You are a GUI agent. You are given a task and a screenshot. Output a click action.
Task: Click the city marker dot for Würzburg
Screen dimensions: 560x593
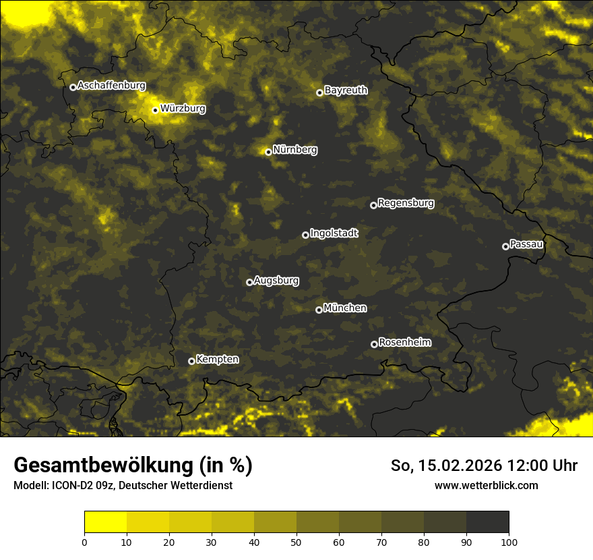coord(155,110)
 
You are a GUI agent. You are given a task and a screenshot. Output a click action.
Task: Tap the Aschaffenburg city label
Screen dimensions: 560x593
coord(111,86)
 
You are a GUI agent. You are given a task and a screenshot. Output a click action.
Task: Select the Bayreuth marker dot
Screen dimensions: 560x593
coord(319,92)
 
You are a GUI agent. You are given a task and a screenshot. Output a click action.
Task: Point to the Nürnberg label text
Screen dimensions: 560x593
coord(294,150)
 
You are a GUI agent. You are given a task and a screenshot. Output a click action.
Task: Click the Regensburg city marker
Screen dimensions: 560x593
coord(373,205)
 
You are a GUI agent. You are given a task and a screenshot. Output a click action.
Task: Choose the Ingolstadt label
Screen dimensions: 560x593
coord(334,233)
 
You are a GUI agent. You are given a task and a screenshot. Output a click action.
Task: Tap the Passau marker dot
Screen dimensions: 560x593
coord(505,246)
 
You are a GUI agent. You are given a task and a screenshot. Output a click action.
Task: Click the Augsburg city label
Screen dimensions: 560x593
coord(276,281)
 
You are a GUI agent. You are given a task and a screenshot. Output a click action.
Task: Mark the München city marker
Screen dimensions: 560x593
coord(319,310)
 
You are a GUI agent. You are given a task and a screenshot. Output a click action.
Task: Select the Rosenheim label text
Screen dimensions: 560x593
coord(404,343)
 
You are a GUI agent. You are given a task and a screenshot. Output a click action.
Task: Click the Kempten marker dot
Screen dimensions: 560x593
coord(191,361)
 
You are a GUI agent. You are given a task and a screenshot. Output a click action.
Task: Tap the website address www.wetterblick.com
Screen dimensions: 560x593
coord(486,485)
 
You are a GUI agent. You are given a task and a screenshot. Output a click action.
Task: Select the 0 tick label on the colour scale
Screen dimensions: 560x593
coord(84,542)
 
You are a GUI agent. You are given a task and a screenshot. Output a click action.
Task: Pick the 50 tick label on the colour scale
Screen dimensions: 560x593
coord(296,542)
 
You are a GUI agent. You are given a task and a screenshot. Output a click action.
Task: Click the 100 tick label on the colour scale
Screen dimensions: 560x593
coord(509,542)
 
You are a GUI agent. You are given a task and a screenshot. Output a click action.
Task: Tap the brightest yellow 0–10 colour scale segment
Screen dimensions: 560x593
coord(105,522)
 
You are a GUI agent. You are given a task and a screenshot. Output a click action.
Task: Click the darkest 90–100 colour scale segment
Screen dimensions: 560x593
coord(487,522)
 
